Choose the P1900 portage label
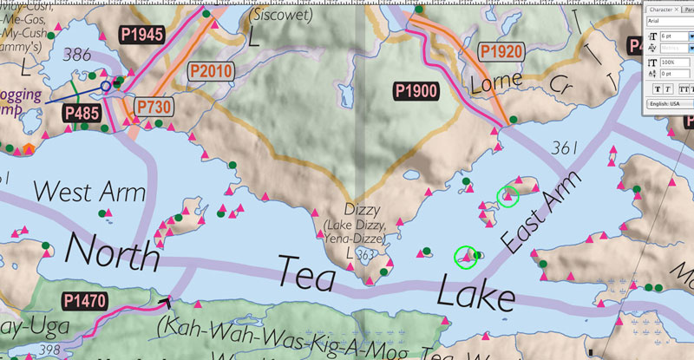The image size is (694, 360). (416, 90)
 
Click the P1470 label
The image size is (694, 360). (88, 301)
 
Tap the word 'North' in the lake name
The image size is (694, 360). (113, 252)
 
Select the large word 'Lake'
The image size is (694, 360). (475, 292)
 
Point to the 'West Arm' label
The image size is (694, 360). (89, 190)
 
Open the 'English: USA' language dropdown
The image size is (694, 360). (666, 103)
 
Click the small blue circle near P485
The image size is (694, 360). (106, 86)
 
